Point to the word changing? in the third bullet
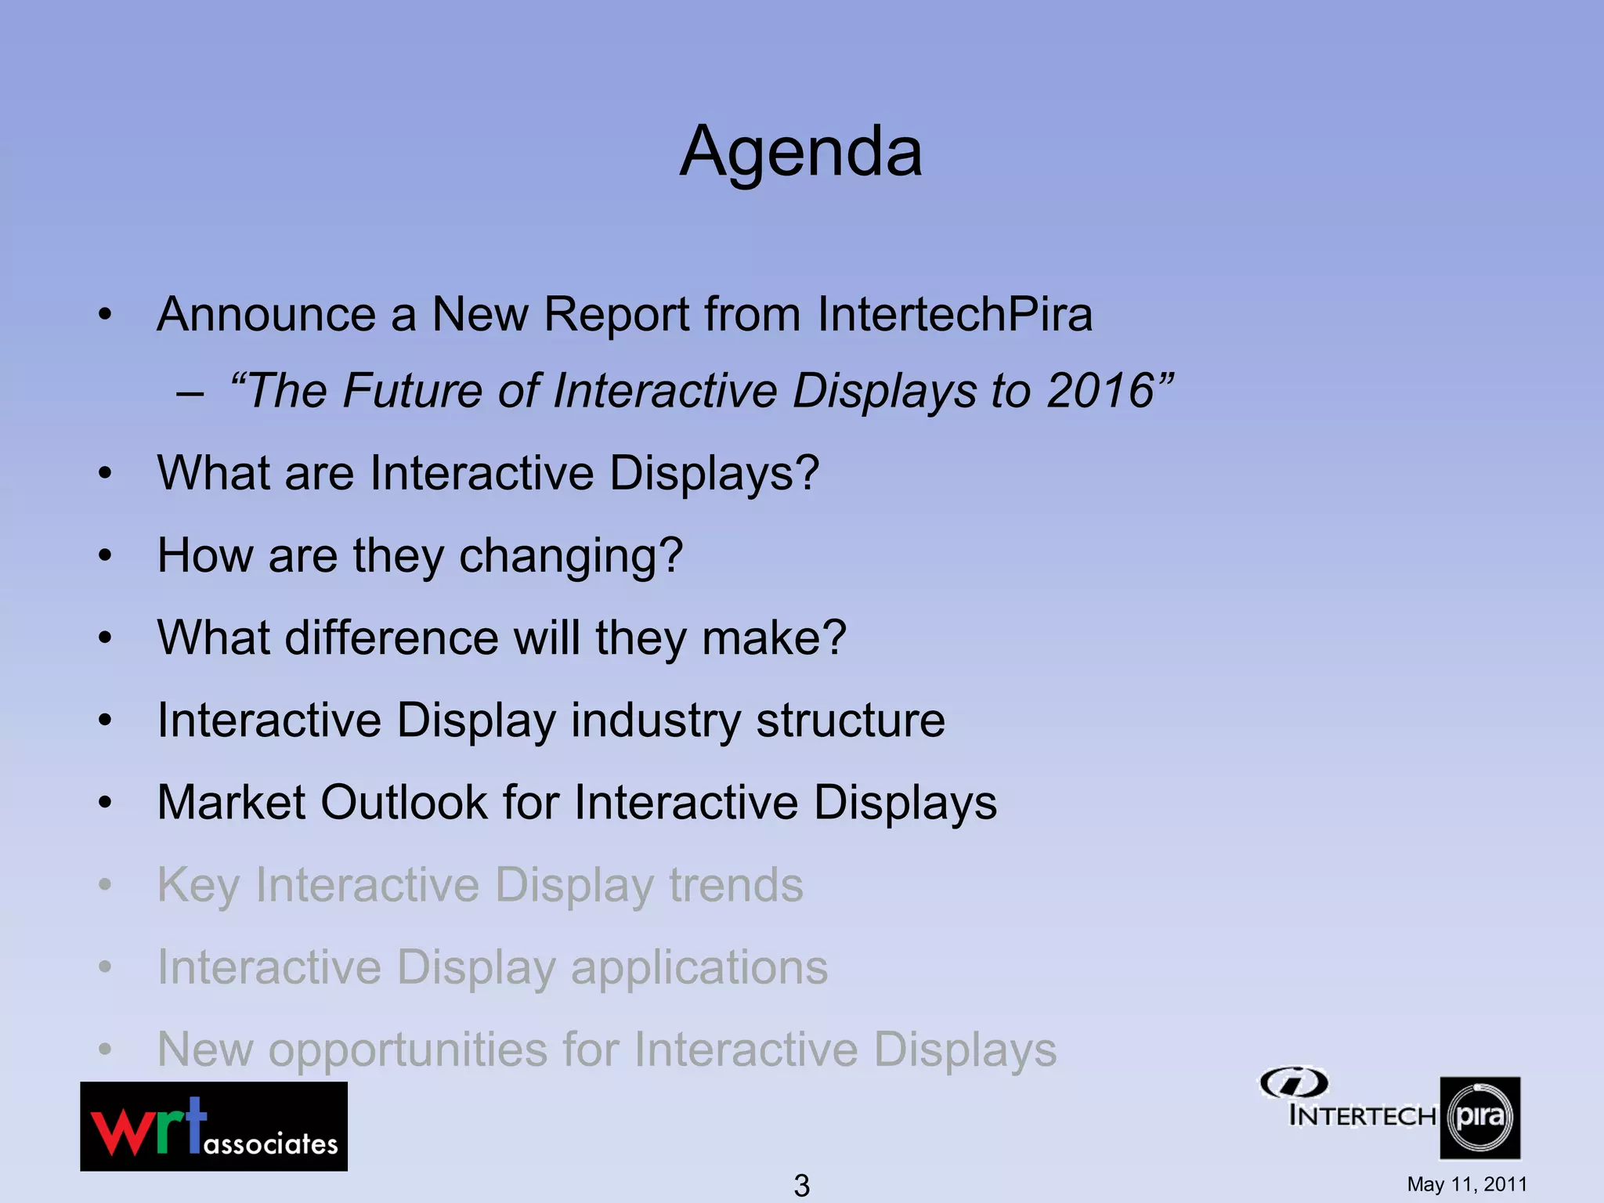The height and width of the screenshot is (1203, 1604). (570, 556)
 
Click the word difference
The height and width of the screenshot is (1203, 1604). (392, 638)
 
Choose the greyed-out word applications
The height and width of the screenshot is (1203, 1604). (699, 968)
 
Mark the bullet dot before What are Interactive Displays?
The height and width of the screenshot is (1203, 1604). (106, 474)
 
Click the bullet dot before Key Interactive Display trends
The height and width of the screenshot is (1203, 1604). (106, 886)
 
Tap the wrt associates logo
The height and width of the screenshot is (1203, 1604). (214, 1126)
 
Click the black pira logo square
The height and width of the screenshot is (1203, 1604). (1479, 1118)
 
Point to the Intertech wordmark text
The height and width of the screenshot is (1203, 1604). (1362, 1115)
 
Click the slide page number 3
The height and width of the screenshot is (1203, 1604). (801, 1185)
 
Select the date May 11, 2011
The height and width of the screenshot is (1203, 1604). (1466, 1184)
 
